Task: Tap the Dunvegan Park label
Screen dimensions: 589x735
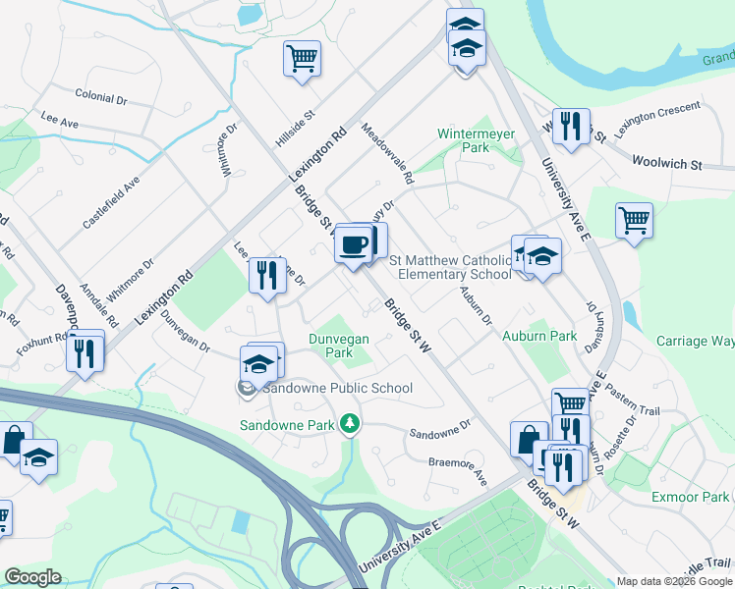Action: (x=339, y=346)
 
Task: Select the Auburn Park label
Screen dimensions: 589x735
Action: (x=539, y=336)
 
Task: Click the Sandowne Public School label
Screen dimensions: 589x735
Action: (x=336, y=388)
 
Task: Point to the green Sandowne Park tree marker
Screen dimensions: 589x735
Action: (x=349, y=424)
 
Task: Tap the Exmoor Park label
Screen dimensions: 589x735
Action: (x=691, y=497)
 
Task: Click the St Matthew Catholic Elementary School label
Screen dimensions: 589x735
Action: (x=451, y=267)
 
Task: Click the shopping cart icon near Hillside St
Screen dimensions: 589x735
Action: (x=303, y=58)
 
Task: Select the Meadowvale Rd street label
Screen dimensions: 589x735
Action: (x=387, y=154)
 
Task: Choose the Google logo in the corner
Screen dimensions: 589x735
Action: (x=32, y=577)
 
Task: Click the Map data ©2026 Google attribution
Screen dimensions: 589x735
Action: (x=673, y=581)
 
